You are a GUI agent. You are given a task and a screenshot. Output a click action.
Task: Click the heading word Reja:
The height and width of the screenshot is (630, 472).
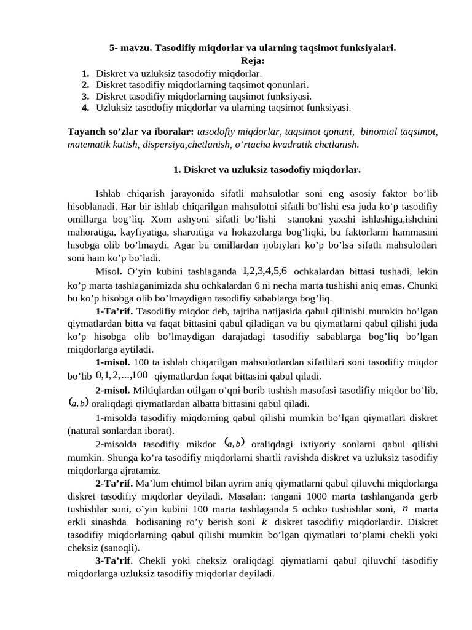click(x=253, y=60)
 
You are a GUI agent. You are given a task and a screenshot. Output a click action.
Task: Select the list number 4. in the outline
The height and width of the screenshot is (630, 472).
click(x=85, y=107)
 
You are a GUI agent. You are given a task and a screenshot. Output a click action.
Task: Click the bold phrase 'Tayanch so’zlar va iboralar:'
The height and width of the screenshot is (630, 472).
click(x=131, y=132)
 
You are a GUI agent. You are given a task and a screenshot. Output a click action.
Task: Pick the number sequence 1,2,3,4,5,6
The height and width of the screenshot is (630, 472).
click(x=265, y=271)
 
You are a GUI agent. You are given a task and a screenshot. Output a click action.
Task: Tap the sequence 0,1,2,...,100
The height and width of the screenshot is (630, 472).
click(x=122, y=375)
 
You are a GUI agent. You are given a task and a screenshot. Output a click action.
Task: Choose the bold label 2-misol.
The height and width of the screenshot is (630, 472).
click(x=112, y=390)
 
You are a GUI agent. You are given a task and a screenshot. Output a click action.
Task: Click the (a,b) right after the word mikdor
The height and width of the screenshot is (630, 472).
click(x=235, y=442)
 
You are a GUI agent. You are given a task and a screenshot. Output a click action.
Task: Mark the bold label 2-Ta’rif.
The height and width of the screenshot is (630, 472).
click(x=115, y=482)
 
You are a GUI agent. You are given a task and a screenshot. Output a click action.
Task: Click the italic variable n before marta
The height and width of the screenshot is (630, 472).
click(x=404, y=509)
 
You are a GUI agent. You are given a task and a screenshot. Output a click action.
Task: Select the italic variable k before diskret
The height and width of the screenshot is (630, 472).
click(x=264, y=522)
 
